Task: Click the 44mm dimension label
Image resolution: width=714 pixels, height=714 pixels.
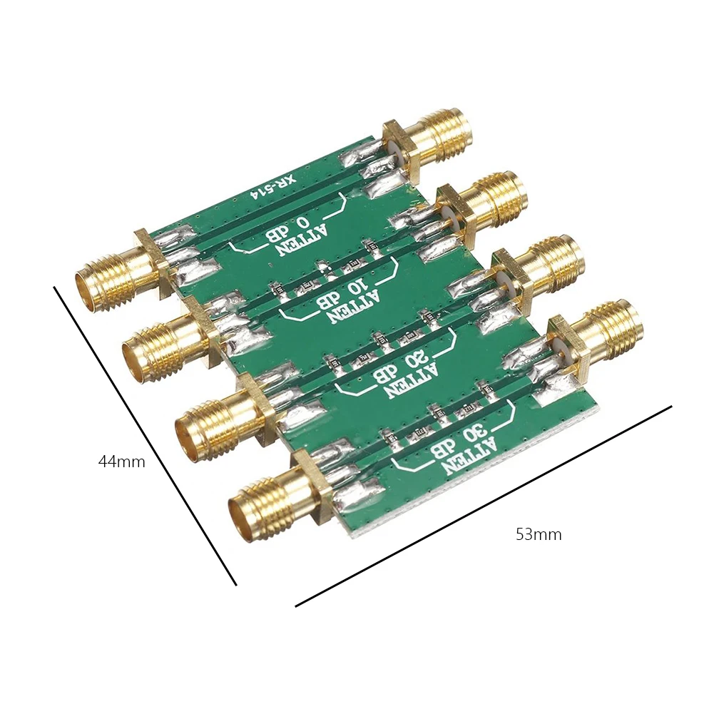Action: (121, 461)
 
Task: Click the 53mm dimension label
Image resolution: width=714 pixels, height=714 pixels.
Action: (539, 534)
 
